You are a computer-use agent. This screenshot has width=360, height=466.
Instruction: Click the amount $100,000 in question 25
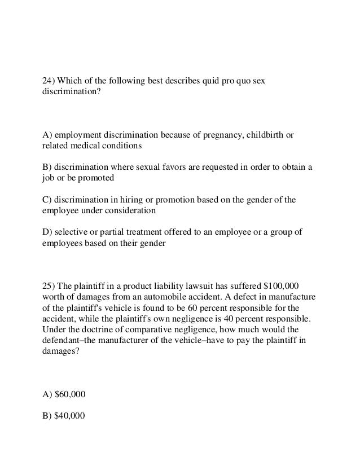pyautogui.click(x=279, y=283)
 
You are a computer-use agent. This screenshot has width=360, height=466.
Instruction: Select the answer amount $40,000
pyautogui.click(x=69, y=416)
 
